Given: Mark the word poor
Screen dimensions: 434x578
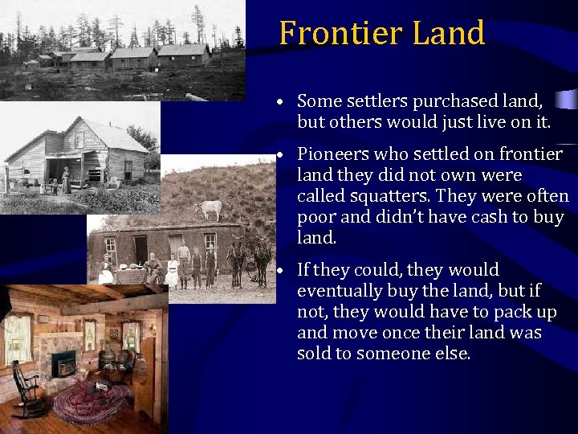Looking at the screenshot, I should click(316, 217).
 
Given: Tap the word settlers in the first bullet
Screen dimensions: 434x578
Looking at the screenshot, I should click(377, 101).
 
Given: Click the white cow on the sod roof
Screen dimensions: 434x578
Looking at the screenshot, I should click(210, 209).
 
